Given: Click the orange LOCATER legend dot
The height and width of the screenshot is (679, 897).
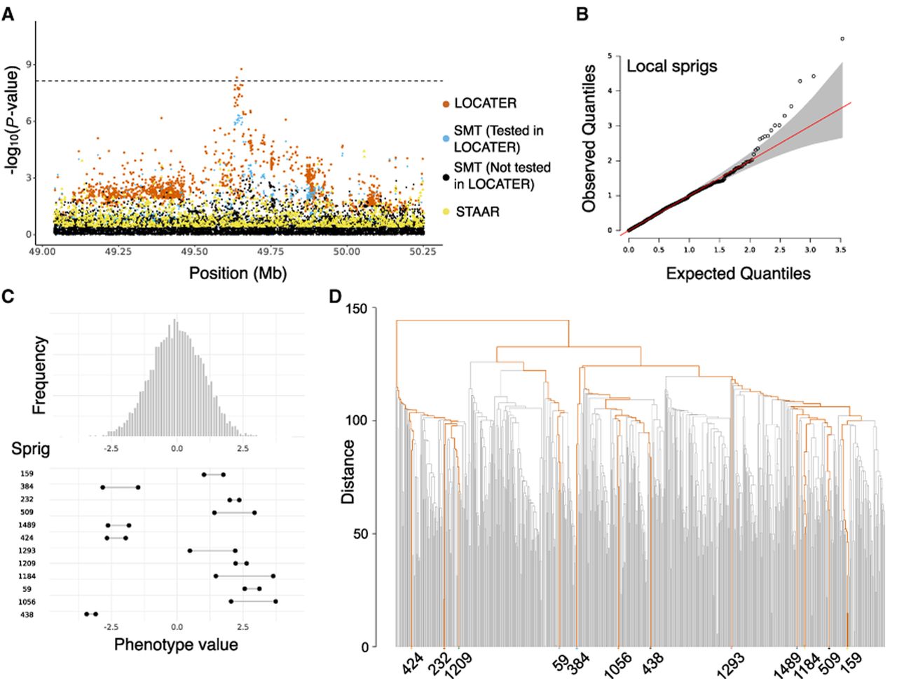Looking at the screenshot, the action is click(446, 105).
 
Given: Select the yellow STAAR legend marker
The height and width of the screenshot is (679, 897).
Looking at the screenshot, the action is click(446, 212).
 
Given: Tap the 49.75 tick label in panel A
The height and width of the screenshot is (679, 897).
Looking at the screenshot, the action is click(270, 252).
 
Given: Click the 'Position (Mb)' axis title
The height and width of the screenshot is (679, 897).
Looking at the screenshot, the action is click(238, 274).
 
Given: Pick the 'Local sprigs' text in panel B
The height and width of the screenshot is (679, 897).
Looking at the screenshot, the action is click(672, 66).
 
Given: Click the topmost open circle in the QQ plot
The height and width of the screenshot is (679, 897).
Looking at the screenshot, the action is click(842, 39).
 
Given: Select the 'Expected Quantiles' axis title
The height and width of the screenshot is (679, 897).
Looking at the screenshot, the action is click(738, 274).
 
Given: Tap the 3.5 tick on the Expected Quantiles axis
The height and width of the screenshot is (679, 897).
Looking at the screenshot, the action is click(840, 250).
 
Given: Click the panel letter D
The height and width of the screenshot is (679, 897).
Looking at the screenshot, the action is click(335, 297).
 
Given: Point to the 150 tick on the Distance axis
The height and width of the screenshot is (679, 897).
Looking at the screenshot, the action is click(357, 309).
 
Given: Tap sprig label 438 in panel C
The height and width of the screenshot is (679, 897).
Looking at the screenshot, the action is click(27, 614).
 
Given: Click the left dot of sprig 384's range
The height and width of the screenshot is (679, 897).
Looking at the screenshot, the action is click(102, 488).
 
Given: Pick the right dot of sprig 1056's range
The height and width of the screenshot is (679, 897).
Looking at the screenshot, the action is click(276, 601).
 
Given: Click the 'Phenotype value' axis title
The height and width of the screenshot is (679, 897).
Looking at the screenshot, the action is click(176, 645).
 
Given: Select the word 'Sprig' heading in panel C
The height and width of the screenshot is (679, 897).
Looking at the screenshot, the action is click(31, 449).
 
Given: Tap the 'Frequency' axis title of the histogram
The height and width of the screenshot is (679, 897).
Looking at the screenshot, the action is click(40, 375).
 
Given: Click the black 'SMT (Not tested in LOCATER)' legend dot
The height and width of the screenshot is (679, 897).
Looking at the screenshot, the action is click(446, 177).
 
